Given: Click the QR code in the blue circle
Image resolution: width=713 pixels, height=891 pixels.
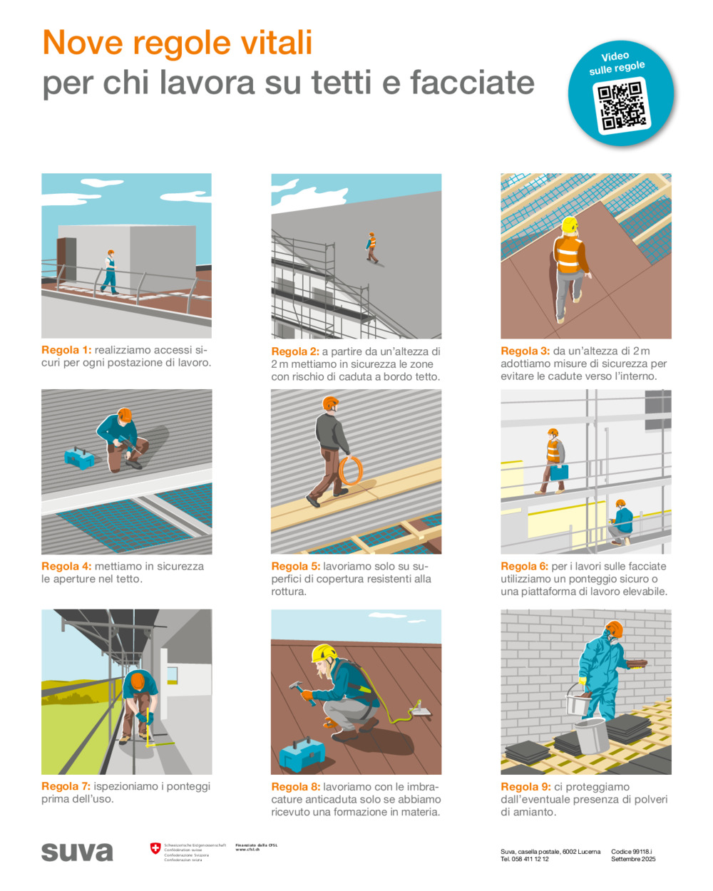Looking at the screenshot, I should (621, 106).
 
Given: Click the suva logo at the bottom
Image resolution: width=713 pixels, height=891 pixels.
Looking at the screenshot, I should (77, 852).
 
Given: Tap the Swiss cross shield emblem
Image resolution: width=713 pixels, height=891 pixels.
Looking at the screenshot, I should (155, 848).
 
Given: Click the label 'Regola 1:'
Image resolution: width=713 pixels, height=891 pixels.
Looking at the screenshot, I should (66, 350).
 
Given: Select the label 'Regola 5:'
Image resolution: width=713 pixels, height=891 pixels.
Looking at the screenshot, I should (296, 567).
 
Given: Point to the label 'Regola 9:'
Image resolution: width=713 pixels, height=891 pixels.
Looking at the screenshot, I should (525, 787).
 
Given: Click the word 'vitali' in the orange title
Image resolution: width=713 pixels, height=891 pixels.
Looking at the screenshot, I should (275, 43).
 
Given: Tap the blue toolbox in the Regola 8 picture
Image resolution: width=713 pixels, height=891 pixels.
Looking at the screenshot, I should (302, 755).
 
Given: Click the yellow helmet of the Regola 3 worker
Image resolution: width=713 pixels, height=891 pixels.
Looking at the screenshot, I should (569, 225).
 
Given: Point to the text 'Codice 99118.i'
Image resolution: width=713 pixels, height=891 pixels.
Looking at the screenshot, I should (632, 852).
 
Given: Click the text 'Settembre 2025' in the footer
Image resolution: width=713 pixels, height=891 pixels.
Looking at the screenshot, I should (633, 860).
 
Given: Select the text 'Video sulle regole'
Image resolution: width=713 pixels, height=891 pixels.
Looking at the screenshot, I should (616, 63).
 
